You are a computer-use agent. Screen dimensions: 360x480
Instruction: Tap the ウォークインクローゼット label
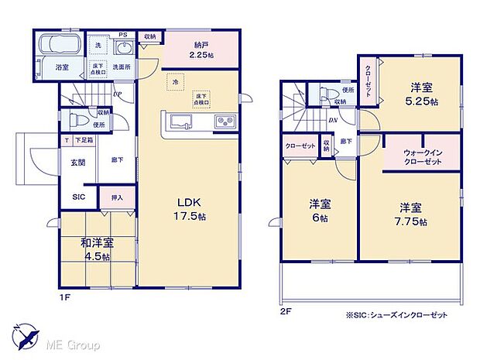[x=422, y=157]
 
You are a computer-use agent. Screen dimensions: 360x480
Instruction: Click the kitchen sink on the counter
[x=180, y=122]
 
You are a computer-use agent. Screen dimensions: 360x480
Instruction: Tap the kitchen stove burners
[x=224, y=122]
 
